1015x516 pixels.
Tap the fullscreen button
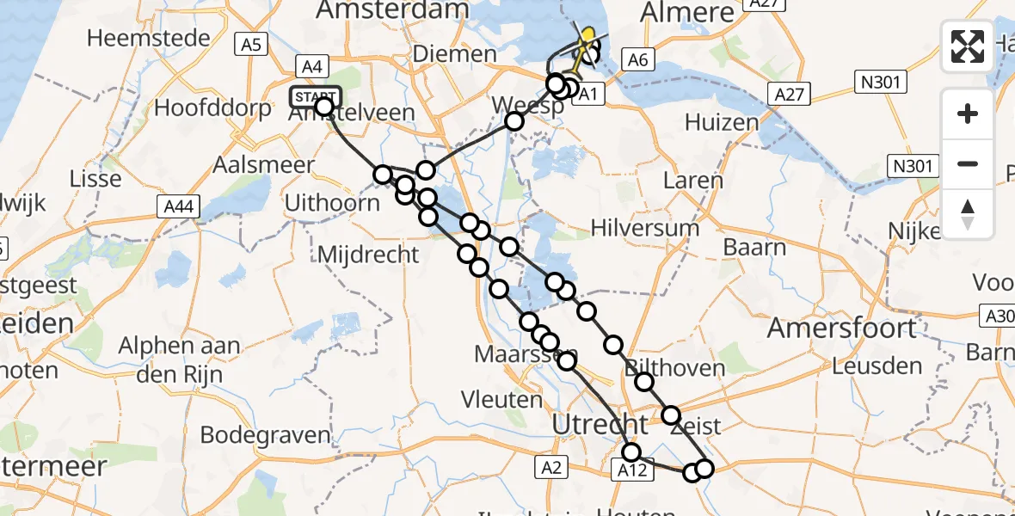[x=968, y=46]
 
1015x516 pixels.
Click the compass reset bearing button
[x=968, y=213]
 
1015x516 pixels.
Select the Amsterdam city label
[x=394, y=10]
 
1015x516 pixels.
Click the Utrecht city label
[x=600, y=424]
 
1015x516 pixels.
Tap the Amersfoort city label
[x=842, y=328]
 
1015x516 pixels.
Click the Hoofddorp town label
[x=200, y=108]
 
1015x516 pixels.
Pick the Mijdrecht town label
[x=368, y=255]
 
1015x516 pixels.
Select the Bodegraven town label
[x=265, y=434]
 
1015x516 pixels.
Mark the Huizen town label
[x=722, y=122]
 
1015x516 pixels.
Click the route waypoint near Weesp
[x=514, y=121]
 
